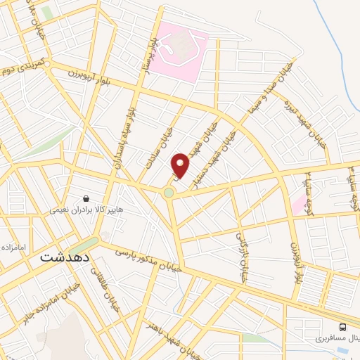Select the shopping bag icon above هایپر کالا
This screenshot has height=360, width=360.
click(86, 199)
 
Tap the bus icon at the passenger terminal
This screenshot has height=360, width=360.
click(342, 327)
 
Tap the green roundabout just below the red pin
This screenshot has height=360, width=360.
click(169, 193)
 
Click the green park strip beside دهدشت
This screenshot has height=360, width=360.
click(84, 246)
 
